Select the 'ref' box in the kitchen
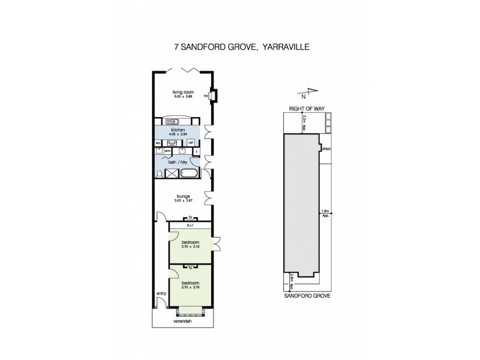point(190,143)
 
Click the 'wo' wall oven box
point(158,143)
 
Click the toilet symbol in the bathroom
point(158,173)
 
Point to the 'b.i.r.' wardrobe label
point(190,226)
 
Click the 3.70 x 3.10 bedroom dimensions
point(190,246)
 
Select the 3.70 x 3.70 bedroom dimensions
point(190,287)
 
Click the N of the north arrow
point(304,96)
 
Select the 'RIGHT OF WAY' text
point(306,109)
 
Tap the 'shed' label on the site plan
point(326,148)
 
